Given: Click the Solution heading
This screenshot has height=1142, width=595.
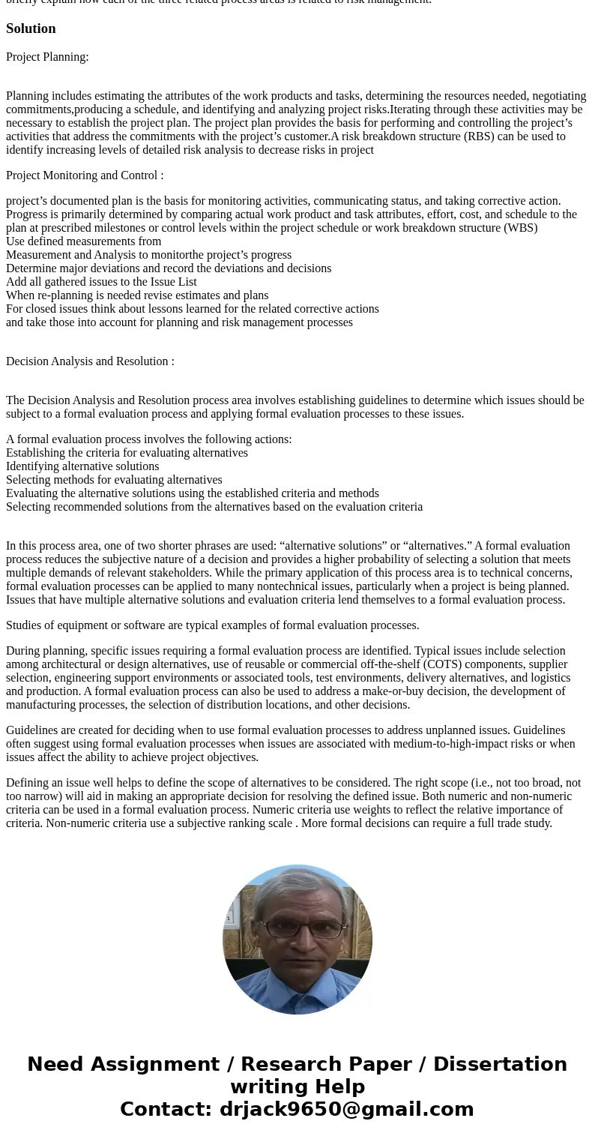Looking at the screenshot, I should click(x=31, y=28).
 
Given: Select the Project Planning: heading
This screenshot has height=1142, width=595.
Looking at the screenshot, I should click(x=47, y=57).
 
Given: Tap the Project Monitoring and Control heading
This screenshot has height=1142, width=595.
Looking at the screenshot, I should click(x=85, y=175).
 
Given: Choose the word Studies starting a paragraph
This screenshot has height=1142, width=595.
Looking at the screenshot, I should click(x=25, y=625).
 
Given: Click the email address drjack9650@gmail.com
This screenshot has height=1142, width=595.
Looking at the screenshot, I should click(x=346, y=1110).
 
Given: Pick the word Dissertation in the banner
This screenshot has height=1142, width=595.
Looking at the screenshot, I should click(x=500, y=1065).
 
